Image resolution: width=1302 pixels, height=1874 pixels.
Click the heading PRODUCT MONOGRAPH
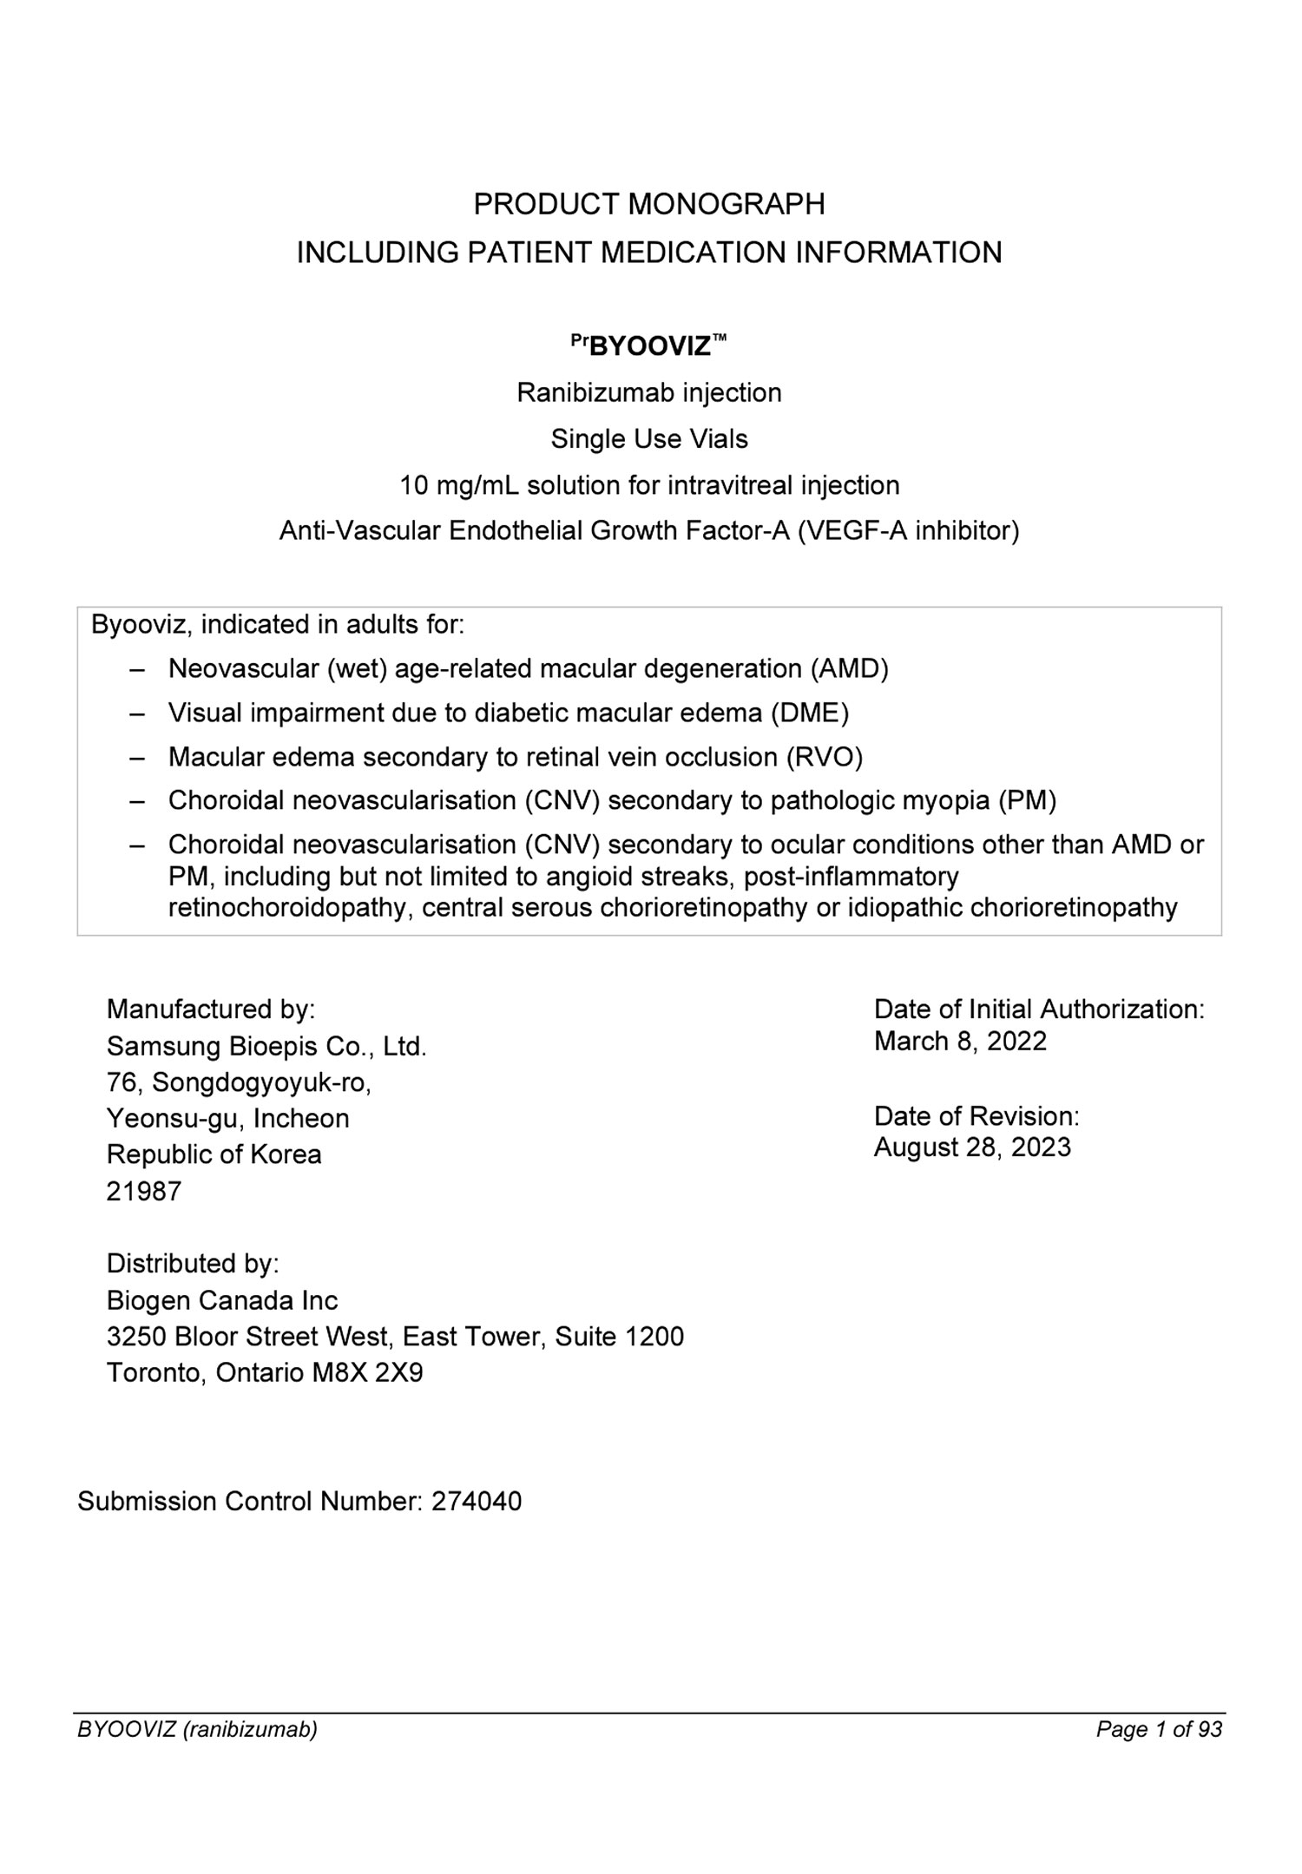point(648,205)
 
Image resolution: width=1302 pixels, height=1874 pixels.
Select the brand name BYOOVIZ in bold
point(650,347)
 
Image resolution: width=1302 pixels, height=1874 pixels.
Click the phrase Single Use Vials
point(649,439)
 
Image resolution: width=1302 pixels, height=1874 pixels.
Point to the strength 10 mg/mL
point(459,485)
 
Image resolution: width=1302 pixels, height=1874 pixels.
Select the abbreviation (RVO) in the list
point(824,757)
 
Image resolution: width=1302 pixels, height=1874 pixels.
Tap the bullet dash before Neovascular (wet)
point(136,669)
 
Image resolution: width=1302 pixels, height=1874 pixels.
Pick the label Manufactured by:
point(210,1009)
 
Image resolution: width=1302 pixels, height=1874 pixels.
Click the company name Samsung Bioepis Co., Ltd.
point(266,1047)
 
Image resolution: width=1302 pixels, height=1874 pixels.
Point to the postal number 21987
point(144,1192)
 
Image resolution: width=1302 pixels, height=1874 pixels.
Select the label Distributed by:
point(193,1264)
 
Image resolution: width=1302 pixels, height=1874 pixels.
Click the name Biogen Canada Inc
point(222,1300)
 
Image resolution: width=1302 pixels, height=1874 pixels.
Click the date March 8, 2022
point(960,1041)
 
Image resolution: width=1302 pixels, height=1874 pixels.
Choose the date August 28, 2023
point(972,1147)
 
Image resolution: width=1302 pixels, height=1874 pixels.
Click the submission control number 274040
point(477,1502)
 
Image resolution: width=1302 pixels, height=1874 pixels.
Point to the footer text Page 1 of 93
point(1159,1730)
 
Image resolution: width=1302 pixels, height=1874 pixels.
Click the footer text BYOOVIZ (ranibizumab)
point(197,1730)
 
